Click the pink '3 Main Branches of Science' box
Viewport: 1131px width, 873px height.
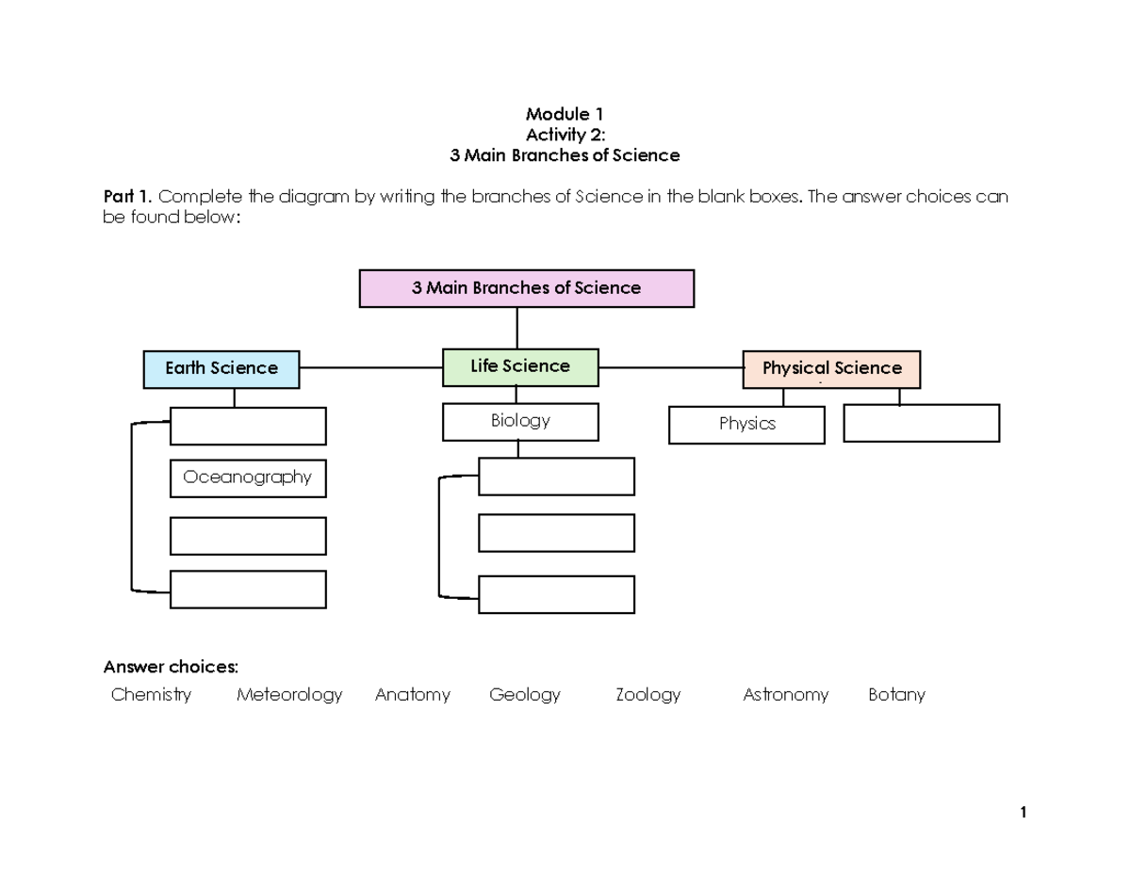tap(526, 288)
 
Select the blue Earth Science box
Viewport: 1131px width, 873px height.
tap(221, 369)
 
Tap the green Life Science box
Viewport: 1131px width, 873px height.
tap(520, 366)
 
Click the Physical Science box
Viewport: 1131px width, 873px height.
tap(831, 369)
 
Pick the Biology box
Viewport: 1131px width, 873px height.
tap(520, 421)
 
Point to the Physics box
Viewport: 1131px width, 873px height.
tap(746, 425)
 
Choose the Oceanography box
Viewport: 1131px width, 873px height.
tap(248, 477)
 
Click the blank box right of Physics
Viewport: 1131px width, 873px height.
tap(921, 423)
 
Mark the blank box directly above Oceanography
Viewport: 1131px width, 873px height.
tap(248, 426)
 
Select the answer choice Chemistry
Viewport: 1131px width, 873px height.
tap(151, 695)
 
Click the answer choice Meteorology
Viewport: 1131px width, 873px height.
tap(289, 695)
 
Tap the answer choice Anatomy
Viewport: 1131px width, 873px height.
tap(412, 695)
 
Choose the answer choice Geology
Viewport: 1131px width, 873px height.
tap(525, 695)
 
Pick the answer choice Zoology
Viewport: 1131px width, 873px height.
tap(647, 695)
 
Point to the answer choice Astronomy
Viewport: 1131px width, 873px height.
tap(785, 695)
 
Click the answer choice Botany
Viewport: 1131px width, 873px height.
tap(896, 695)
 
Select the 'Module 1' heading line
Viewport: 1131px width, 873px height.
tap(565, 115)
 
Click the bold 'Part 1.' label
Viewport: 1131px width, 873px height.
tap(128, 198)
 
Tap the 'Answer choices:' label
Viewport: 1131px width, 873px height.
tap(171, 668)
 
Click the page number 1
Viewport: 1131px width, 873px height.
tap(1023, 813)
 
